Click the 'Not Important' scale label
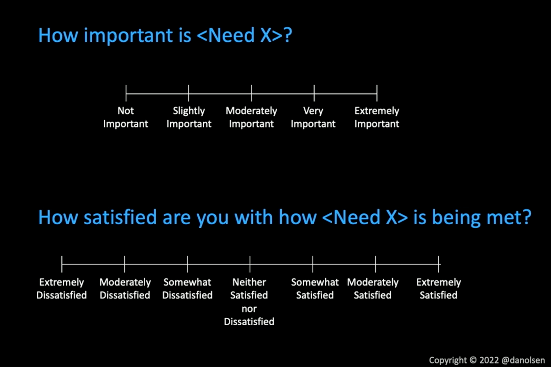tap(126, 117)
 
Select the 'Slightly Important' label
tap(189, 117)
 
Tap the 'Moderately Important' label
tap(251, 117)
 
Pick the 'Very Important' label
tap(313, 117)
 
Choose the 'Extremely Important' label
tap(377, 117)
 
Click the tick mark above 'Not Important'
tap(126, 93)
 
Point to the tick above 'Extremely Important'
tap(377, 93)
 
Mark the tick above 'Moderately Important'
tap(251, 93)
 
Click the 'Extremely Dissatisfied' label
tap(62, 288)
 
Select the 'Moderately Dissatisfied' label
tap(125, 288)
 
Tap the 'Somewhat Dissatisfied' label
tap(187, 288)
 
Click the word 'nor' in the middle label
tap(249, 309)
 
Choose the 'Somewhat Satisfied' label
tap(315, 288)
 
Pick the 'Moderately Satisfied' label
tap(373, 288)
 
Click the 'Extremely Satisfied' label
tap(439, 288)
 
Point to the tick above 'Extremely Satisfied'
tap(438, 264)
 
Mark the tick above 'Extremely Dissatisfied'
tap(62, 264)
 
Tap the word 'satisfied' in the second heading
tap(120, 217)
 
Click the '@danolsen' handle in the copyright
tap(523, 360)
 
